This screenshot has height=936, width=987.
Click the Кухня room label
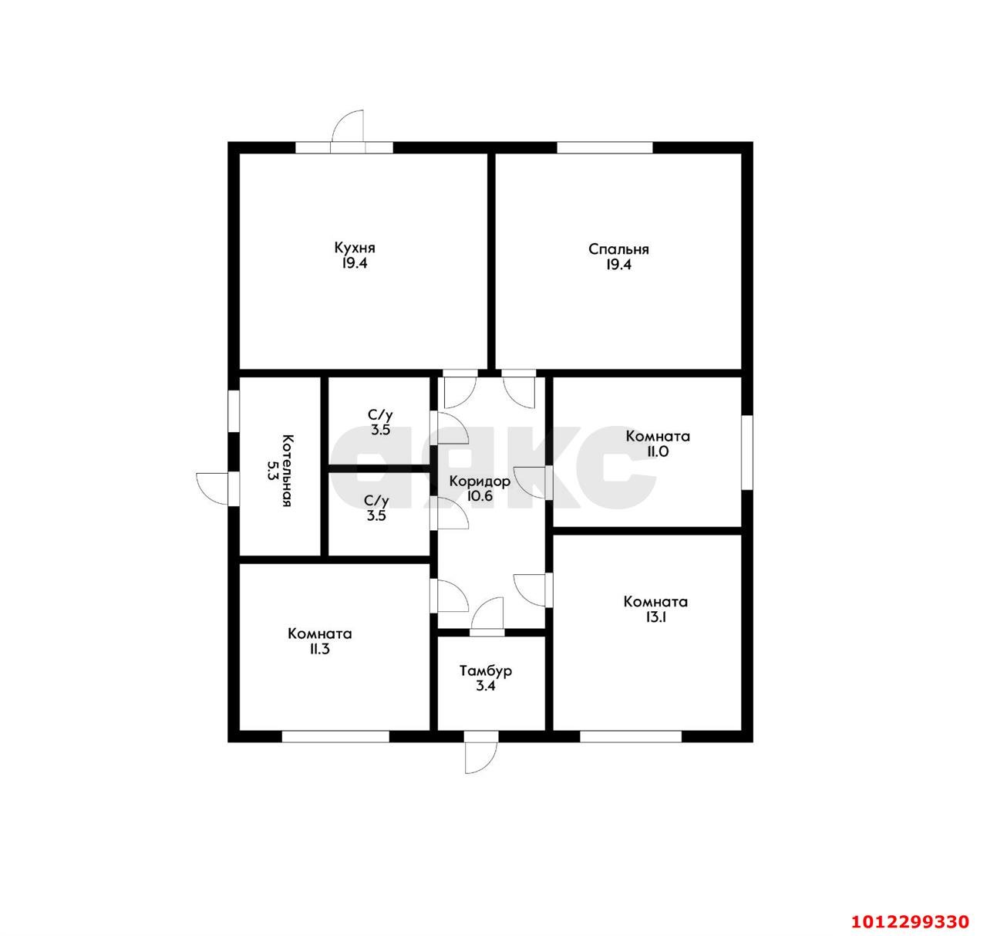tap(355, 248)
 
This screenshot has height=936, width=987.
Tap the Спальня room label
tap(618, 250)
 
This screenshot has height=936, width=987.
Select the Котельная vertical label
tap(287, 471)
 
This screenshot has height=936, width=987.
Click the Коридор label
tap(480, 481)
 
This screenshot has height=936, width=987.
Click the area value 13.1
tap(655, 617)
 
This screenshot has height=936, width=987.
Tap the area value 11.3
tap(319, 649)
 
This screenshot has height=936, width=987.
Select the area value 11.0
tap(657, 451)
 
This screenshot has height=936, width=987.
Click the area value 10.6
tap(480, 496)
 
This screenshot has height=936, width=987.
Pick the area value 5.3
tap(272, 471)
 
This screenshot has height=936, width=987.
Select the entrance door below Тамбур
tap(481, 759)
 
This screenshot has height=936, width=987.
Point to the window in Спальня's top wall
tap(605, 147)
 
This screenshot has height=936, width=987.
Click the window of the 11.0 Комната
tap(747, 451)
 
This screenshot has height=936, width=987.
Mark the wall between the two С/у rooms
tap(379, 468)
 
